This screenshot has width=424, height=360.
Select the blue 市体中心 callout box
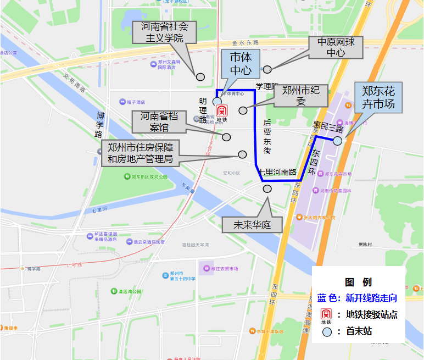coord(241,64)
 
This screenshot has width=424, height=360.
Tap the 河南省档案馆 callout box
coord(158,121)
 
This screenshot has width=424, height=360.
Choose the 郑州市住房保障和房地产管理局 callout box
coord(140,153)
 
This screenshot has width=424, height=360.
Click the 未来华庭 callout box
coord(253,225)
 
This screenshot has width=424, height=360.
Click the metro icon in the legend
coord(326,315)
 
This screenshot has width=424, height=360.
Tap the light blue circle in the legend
coord(327,332)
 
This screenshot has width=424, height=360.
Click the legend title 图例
coord(358,283)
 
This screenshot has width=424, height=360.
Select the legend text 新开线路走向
coord(371,298)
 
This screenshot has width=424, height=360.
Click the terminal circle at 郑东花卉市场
coord(337,141)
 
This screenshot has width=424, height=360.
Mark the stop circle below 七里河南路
coord(267,189)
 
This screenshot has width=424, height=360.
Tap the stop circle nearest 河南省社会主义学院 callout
coord(200,77)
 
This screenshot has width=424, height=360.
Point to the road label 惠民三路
coord(325,128)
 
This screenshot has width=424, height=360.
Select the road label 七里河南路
coord(277,172)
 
